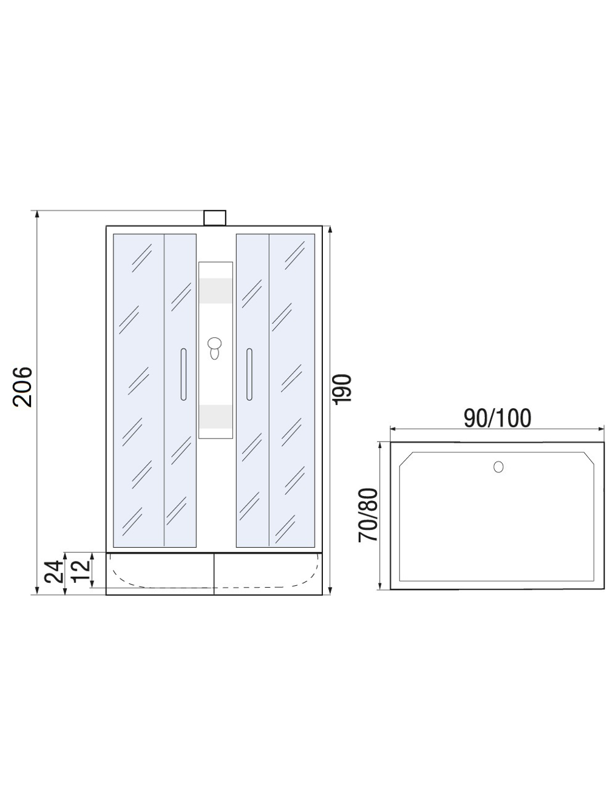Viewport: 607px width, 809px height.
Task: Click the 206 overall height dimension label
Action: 22,386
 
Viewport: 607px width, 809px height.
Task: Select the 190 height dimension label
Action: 342,389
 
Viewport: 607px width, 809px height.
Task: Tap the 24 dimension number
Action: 55,571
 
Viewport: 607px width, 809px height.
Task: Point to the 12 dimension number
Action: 80,571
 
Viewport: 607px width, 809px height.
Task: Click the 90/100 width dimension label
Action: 497,418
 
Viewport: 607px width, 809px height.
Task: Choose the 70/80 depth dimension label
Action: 368,515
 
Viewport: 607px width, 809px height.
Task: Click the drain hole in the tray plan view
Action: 498,466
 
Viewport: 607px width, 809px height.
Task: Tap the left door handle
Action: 182,374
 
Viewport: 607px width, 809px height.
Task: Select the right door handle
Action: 249,374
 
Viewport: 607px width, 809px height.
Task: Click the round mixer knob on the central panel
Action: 214,347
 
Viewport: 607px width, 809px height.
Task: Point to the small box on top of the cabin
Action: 214,218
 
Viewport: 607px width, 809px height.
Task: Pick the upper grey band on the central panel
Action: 215,290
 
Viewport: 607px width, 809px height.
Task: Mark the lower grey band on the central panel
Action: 215,416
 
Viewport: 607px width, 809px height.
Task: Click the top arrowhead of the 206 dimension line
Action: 38,214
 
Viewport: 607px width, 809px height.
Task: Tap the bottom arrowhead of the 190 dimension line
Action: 330,591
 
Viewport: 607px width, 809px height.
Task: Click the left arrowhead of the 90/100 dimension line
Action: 393,429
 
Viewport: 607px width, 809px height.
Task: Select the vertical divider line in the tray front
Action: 214,573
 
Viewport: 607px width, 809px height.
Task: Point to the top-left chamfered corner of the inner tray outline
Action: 405,459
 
